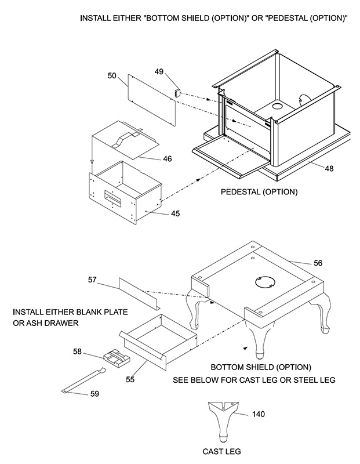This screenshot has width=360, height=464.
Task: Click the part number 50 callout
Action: (x=112, y=75)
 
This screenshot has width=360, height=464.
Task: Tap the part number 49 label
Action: (x=159, y=72)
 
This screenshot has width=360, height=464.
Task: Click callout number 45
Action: (x=175, y=213)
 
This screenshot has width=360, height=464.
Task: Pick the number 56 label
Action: (x=318, y=262)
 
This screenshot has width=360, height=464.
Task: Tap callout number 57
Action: (x=93, y=280)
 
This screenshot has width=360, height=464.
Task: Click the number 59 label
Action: (x=93, y=393)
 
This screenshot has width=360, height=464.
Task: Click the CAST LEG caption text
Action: (x=221, y=451)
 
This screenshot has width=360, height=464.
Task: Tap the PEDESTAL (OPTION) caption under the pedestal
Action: (x=259, y=191)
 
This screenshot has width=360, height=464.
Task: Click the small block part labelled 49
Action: (x=178, y=92)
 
